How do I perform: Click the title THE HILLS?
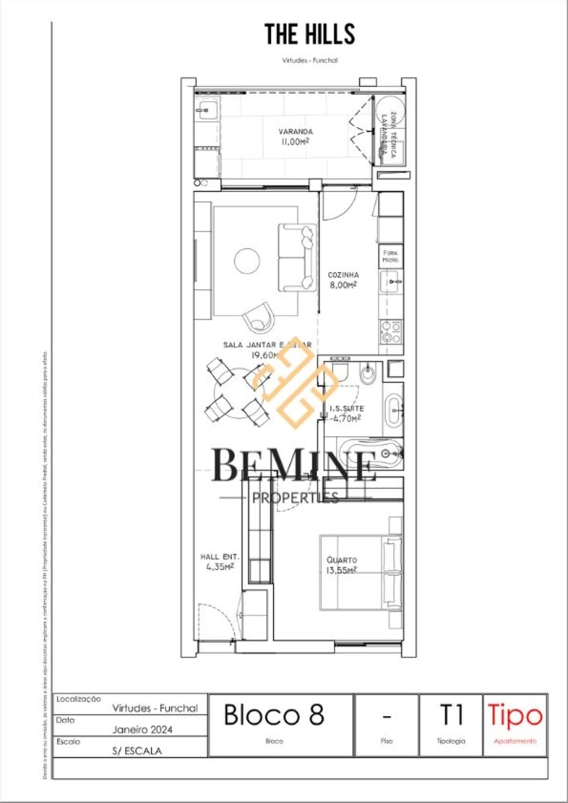pyautogui.click(x=310, y=34)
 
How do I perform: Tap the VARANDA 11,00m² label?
pyautogui.click(x=295, y=137)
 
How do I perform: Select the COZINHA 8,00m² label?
pyautogui.click(x=343, y=280)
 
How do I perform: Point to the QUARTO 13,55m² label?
pyautogui.click(x=341, y=565)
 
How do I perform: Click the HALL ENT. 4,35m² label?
pyautogui.click(x=220, y=562)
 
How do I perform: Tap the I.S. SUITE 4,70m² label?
pyautogui.click(x=347, y=413)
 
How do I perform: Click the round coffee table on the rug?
pyautogui.click(x=247, y=261)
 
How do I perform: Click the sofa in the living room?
pyautogui.click(x=297, y=257)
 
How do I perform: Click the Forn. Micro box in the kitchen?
pyautogui.click(x=390, y=256)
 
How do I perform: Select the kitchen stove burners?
pyautogui.click(x=391, y=333)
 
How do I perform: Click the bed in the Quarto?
pyautogui.click(x=360, y=573)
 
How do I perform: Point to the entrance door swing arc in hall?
pyautogui.click(x=217, y=619)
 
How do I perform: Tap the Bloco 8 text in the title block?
pyautogui.click(x=274, y=715)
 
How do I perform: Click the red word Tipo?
pyautogui.click(x=515, y=715)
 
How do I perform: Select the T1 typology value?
pyautogui.click(x=451, y=715)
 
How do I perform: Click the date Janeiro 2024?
pyautogui.click(x=142, y=729)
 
